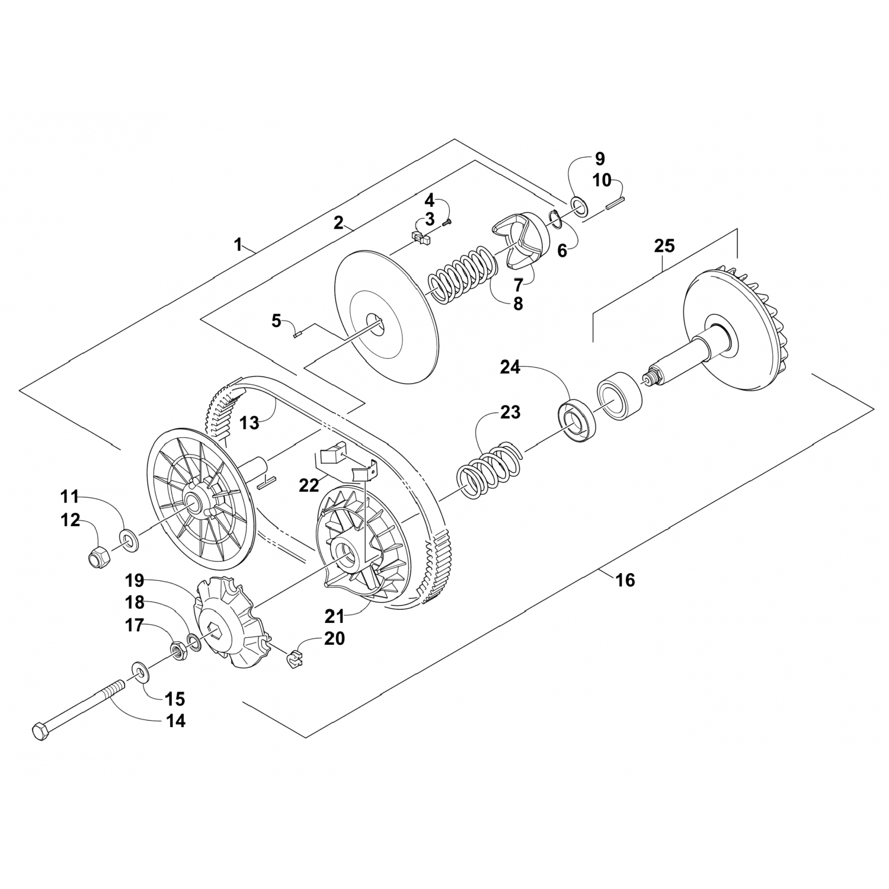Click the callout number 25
664,246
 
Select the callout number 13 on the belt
250,423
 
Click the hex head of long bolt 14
39,731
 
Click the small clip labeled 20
293,658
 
